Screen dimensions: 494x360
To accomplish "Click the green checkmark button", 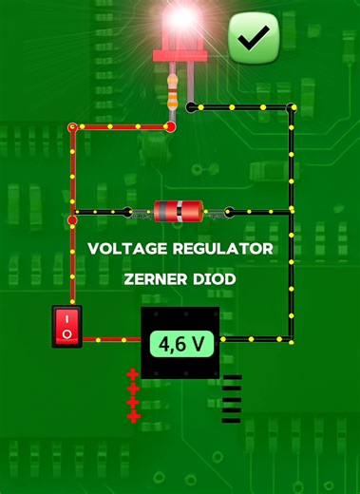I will pyautogui.click(x=254, y=38).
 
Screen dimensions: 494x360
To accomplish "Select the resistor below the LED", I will pyautogui.click(x=173, y=92).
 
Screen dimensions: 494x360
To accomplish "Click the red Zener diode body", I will pyautogui.click(x=179, y=211).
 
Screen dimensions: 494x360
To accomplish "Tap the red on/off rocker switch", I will pyautogui.click(x=66, y=326).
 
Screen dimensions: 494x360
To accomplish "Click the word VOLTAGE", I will pyautogui.click(x=127, y=249).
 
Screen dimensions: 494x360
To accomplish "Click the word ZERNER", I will pyautogui.click(x=161, y=280).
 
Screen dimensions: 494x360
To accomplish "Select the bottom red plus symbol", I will pyautogui.click(x=133, y=416).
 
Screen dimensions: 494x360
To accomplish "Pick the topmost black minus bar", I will pyautogui.click(x=232, y=378).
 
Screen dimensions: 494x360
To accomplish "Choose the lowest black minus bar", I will pyautogui.click(x=232, y=419).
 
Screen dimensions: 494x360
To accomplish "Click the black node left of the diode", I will pyautogui.click(x=127, y=212).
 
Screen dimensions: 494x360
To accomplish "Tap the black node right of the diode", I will pyautogui.click(x=228, y=212).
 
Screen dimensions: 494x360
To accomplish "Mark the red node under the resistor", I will pyautogui.click(x=172, y=125).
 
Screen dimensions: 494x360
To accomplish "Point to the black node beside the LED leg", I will pyautogui.click(x=191, y=106).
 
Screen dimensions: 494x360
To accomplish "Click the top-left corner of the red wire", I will pyautogui.click(x=72, y=126).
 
